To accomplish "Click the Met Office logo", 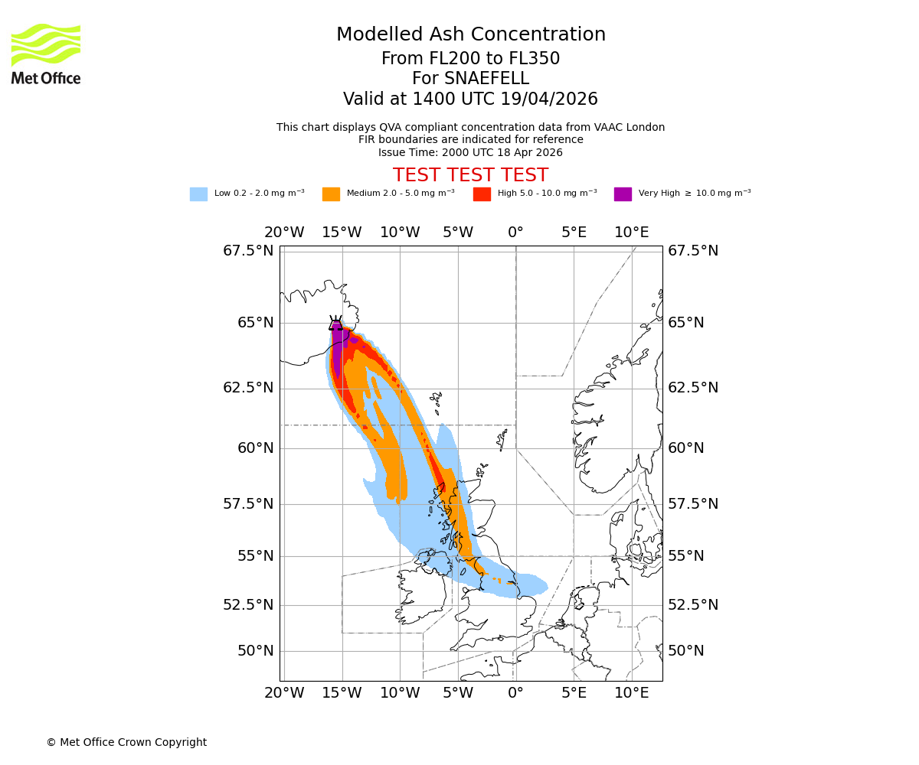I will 46,54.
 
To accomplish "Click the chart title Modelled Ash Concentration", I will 470,34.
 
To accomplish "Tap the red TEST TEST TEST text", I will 470,175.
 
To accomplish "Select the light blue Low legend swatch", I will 198,194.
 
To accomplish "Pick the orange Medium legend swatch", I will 331,194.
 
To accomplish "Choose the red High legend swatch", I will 482,194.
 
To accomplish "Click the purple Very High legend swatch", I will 623,194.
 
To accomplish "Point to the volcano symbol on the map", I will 335,323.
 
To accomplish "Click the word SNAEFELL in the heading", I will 490,79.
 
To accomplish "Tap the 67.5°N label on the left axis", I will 248,251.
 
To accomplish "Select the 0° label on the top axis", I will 515,233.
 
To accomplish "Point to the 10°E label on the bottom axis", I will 632,693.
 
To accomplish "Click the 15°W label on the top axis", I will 342,233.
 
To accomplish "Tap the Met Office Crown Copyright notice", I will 126,742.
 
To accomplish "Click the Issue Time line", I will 470,152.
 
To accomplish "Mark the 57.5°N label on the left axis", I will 248,504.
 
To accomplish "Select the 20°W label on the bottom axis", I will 284,693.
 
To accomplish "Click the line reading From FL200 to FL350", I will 470,59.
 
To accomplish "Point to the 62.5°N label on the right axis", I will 693,388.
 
